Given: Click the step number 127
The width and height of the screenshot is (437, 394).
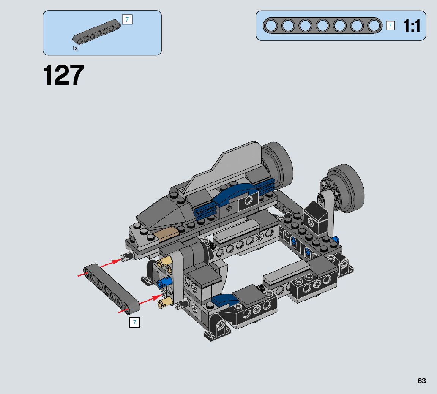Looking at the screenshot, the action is [64, 74].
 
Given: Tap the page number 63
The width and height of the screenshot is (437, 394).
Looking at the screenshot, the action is [422, 381].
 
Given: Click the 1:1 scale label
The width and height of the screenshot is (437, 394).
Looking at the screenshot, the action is [412, 26].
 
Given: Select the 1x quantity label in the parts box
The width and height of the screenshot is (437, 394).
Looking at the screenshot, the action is [75, 48].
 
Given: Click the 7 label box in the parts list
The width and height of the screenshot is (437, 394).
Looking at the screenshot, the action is [127, 19].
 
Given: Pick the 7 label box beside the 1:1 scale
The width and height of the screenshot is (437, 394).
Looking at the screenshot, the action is [390, 26].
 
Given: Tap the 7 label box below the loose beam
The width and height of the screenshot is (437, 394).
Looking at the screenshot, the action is [135, 322].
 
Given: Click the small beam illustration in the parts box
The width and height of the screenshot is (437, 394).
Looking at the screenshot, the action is [96, 32].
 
